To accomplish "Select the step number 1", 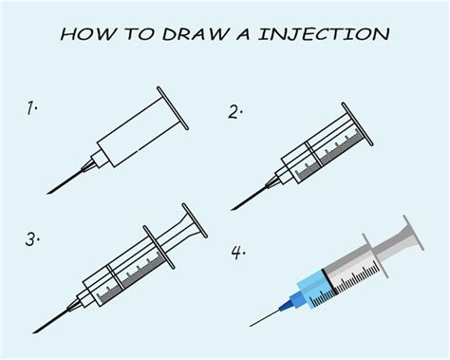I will click(x=32, y=108).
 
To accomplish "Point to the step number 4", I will click(x=237, y=254).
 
